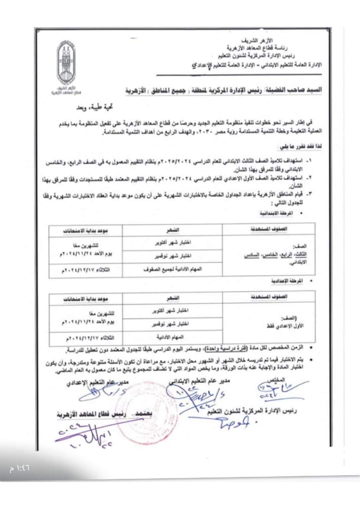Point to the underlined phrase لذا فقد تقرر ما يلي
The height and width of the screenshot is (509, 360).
pos(300,147)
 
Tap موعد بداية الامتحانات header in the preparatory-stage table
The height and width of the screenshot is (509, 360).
pos(86,299)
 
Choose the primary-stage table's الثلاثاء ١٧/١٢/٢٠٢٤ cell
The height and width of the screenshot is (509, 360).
pos(86,270)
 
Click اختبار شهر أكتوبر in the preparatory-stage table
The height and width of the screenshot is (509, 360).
pos(171,310)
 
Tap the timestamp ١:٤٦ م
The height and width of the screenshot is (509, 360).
pos(20,468)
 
